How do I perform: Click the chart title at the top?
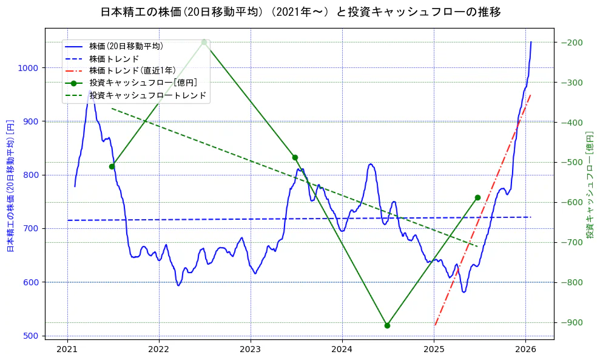300,12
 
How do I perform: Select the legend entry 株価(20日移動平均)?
126,46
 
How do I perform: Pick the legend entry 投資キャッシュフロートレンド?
147,95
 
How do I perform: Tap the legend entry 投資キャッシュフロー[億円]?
143,83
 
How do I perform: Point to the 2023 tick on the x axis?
251,349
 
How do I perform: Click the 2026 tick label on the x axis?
525,349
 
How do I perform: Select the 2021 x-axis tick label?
67,349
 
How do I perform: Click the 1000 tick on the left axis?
28,68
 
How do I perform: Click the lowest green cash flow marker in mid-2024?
387,325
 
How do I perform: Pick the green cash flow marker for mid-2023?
295,157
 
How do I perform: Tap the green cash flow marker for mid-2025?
477,197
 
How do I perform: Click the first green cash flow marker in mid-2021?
112,166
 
